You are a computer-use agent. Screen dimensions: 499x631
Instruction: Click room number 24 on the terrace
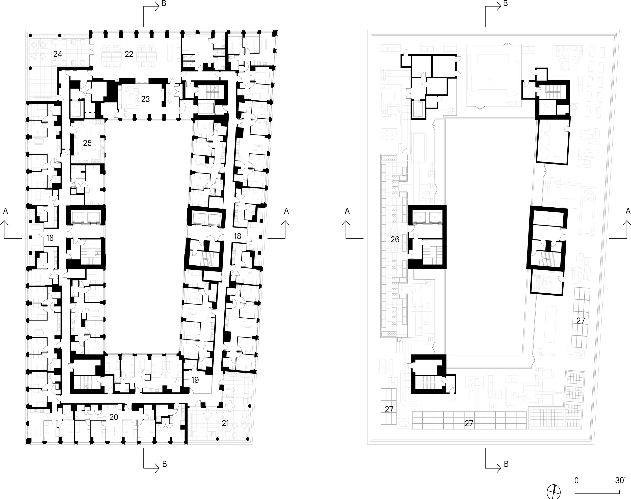[58, 54]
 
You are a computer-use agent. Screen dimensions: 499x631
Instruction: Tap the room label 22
[129, 54]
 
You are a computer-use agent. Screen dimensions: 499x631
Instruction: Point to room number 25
[87, 143]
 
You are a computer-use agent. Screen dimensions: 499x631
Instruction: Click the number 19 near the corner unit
[195, 380]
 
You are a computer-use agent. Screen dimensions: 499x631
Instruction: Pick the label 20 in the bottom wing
[113, 417]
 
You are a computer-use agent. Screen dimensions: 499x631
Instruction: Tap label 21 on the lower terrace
[225, 423]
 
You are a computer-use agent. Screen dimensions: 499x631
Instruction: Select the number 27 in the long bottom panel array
[468, 423]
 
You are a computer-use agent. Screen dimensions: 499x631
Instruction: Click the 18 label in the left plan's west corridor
[50, 238]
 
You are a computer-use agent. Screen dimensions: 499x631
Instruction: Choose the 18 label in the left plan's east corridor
[237, 236]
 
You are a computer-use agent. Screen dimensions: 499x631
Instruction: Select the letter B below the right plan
[506, 464]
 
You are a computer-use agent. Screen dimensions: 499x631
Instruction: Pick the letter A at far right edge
[627, 211]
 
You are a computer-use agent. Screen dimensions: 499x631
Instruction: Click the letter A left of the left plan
[5, 211]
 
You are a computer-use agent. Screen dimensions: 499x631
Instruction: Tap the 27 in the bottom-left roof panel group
[389, 409]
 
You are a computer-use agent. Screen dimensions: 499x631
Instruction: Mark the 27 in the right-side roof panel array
[581, 320]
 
